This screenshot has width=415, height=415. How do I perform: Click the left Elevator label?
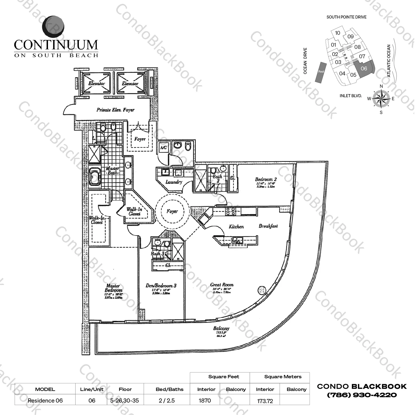coord(97,83)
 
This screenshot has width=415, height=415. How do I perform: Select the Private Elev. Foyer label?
coord(115,110)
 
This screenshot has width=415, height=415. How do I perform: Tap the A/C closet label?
coord(163,148)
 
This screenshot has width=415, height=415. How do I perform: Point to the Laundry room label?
coord(174,182)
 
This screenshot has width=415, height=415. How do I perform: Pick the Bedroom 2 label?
coord(266,179)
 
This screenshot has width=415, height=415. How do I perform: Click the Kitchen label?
coord(236,226)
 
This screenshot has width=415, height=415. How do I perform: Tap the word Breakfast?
coord(268,226)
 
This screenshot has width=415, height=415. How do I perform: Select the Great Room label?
coord(222,285)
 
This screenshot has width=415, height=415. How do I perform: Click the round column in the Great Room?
coord(262,290)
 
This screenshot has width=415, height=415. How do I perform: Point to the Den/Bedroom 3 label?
coord(161,286)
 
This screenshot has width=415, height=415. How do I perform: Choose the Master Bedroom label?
coord(113,288)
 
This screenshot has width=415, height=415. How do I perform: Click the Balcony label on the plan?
coord(221,328)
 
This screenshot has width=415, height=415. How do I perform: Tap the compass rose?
coord(381,99)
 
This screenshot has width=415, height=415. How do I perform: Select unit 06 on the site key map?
coord(364,68)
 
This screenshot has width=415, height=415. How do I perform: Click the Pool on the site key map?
coord(321,72)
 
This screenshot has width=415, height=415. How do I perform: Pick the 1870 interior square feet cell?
coord(205,400)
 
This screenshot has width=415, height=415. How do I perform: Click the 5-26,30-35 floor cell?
coord(125,400)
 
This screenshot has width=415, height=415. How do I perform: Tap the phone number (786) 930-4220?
coord(362,395)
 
